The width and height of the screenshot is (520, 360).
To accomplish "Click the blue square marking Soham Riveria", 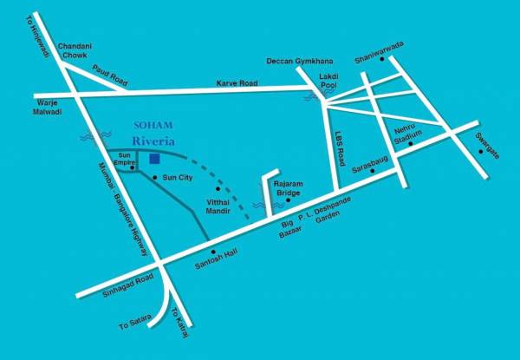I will point(153,159).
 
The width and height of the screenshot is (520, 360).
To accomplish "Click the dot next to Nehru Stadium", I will point(410,144).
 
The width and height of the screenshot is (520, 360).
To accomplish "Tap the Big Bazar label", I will point(289,230).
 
